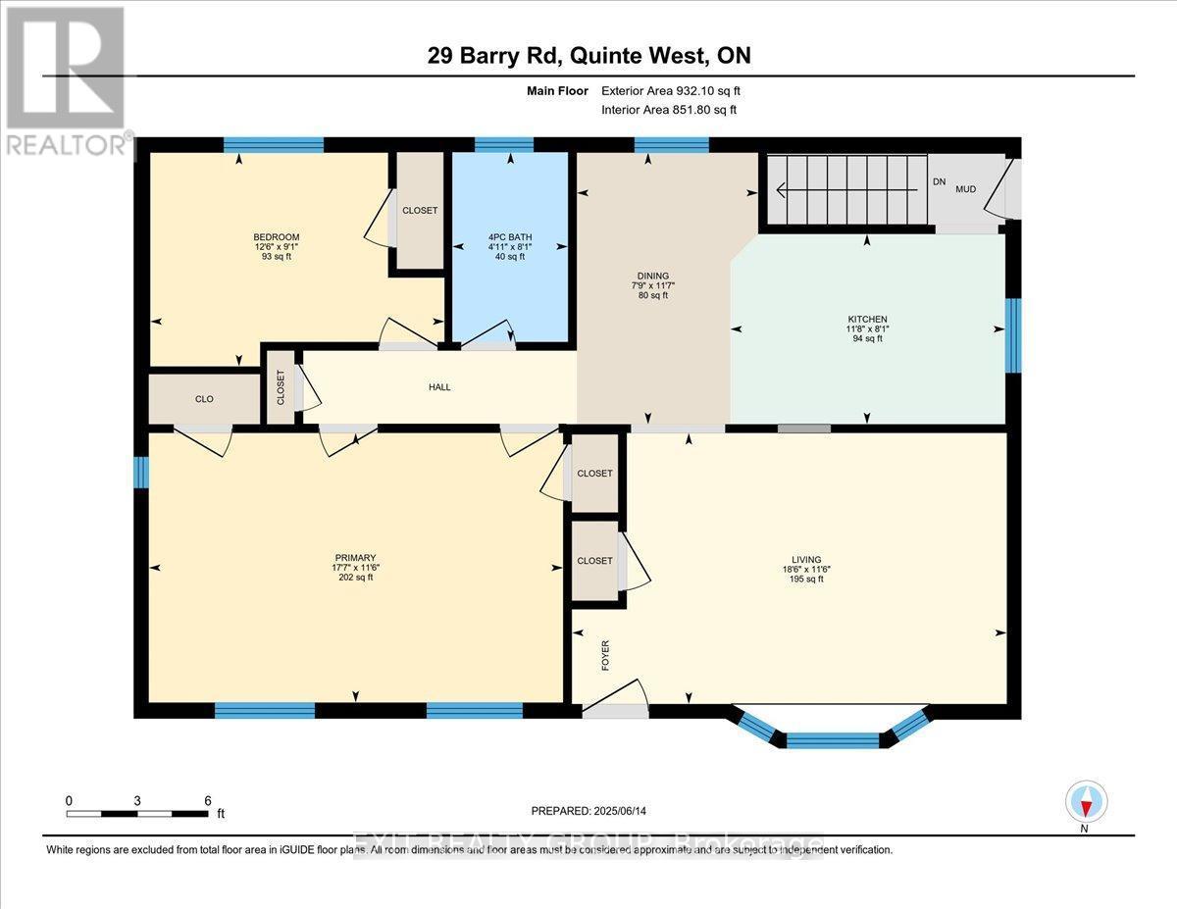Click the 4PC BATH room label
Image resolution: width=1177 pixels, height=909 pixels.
[x=509, y=236]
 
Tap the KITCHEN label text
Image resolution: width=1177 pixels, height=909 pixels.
[x=867, y=320]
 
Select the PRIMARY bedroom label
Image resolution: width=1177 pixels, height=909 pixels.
[x=354, y=557]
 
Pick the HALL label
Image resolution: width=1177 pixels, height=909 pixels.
[x=439, y=387]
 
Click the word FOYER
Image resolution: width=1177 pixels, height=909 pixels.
[x=605, y=655]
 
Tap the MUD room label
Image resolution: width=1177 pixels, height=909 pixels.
[x=965, y=188]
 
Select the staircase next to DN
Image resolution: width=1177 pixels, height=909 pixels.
[x=845, y=189]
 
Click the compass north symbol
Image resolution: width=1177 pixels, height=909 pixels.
[x=1085, y=802]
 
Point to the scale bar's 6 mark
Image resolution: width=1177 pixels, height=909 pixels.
[x=207, y=800]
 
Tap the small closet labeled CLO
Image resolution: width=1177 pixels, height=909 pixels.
[x=204, y=399]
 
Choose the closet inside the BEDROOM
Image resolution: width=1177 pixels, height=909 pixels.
[x=419, y=210]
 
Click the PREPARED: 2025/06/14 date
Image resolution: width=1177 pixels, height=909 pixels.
[x=589, y=811]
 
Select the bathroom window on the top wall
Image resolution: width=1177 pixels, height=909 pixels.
[x=504, y=144]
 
